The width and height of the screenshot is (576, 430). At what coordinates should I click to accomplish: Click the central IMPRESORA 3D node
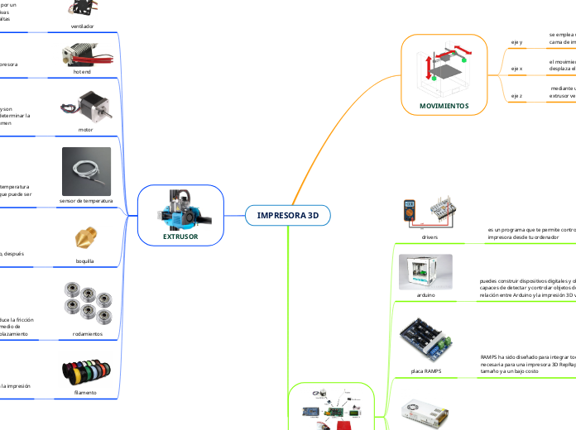(287, 215)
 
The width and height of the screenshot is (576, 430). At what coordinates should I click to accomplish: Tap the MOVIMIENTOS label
(443, 106)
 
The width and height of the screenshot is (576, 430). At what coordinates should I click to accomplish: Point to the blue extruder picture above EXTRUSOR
(180, 209)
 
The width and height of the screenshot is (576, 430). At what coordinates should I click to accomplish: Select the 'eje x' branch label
(516, 68)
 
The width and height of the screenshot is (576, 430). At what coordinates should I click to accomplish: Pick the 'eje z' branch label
(516, 95)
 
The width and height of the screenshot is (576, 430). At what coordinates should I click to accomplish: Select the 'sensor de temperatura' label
(85, 201)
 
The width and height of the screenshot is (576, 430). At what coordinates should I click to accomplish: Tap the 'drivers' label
(430, 236)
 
